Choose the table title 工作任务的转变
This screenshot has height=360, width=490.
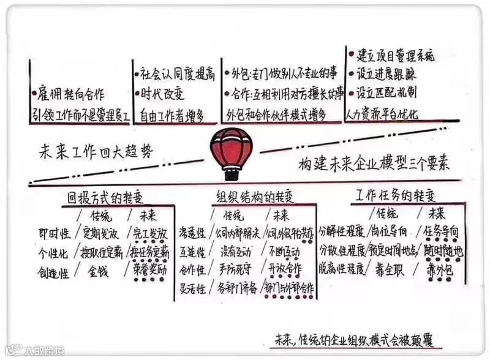[397, 197]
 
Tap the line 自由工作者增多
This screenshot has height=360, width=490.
[171, 114]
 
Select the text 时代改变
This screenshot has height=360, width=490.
[163, 94]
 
